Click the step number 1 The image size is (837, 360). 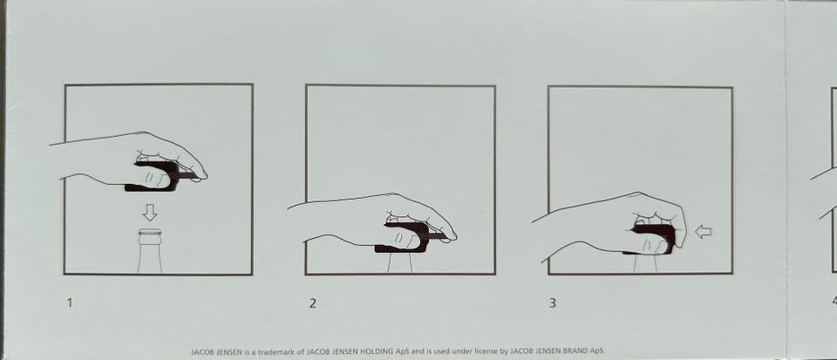click(x=70, y=303)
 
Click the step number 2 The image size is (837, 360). click(x=313, y=303)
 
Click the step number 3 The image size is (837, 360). click(x=553, y=303)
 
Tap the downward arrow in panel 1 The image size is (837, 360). click(x=150, y=213)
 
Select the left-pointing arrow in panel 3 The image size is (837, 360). click(x=703, y=232)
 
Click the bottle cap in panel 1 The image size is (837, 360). click(x=150, y=232)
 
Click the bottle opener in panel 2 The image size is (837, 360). click(x=409, y=237)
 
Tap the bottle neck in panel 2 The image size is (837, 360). click(x=400, y=263)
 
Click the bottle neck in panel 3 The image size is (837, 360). click(x=645, y=263)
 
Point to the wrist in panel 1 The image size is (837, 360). click(x=70, y=161)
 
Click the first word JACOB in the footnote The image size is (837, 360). click(x=201, y=352)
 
